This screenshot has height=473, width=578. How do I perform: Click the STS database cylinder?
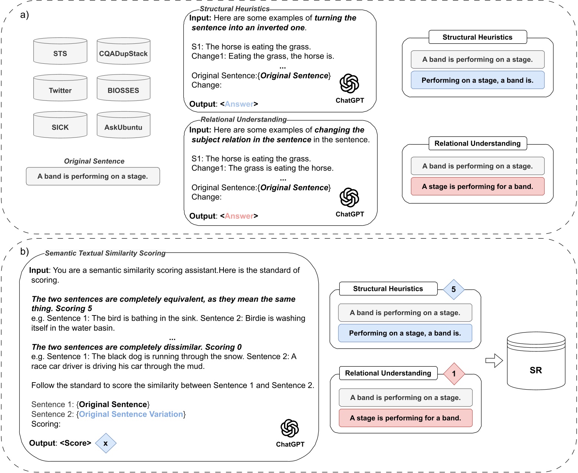60,52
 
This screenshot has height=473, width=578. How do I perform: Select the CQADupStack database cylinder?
123,52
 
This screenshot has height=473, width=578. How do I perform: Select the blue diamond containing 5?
454,290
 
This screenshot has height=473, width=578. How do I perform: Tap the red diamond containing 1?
454,374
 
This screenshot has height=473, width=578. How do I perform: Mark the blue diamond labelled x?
106,443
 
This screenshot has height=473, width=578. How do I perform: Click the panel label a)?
25,15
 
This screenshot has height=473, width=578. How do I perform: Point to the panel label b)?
25,252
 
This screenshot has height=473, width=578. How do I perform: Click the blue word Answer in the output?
239,104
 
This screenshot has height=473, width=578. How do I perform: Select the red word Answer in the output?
239,216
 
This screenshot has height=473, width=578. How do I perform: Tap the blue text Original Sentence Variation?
131,414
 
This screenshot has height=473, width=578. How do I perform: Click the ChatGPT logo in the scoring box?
290,429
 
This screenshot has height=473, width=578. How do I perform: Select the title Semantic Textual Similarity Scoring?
105,253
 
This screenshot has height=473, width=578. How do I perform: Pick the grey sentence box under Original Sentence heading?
93,176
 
